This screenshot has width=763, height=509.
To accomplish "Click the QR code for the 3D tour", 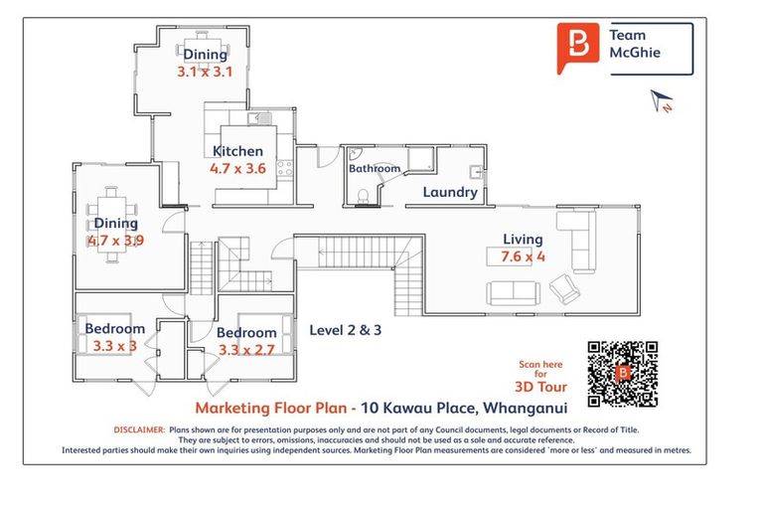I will coord(623,374).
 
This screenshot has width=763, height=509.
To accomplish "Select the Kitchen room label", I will coord(238,152).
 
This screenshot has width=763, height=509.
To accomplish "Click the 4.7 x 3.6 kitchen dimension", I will coord(238,169).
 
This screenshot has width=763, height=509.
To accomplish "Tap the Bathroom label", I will coord(374,169).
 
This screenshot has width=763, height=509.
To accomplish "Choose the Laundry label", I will coord(450,192).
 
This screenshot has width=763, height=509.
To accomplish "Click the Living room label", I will coord(523,240).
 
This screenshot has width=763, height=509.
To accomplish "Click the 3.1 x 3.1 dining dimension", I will coord(203,72).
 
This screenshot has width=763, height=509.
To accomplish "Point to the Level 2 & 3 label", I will coord(346,330).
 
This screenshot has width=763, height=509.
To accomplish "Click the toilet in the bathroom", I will coord(364,196).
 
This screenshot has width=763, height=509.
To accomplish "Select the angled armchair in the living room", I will coord(565,289).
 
